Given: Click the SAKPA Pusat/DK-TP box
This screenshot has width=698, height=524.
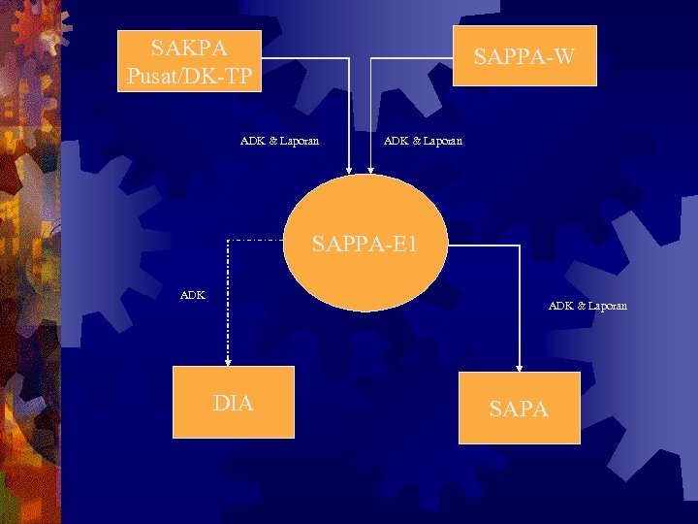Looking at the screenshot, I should (190, 60).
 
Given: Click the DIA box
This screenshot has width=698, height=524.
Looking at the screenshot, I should (233, 402).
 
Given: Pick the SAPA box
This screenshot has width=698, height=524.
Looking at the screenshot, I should (519, 408).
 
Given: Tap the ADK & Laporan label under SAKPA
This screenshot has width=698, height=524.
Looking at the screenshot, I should (279, 141).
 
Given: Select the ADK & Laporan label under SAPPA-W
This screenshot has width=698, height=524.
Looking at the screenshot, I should (423, 141).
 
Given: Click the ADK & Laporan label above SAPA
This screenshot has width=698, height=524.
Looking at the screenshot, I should (587, 306).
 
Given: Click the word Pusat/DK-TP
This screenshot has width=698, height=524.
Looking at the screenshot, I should (190, 75).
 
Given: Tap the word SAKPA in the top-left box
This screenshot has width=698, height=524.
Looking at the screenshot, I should (190, 47).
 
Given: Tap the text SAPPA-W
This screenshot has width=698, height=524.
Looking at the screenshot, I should (523, 58).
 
